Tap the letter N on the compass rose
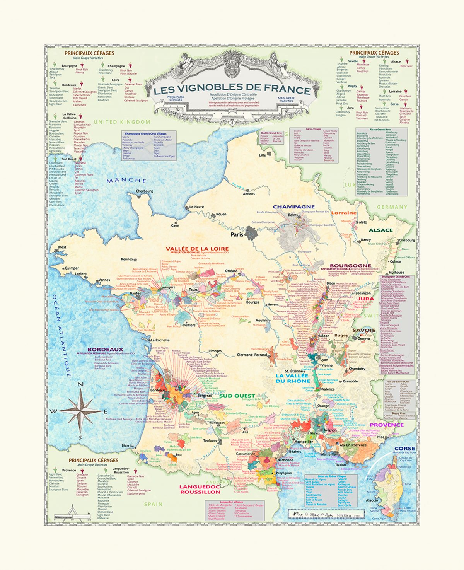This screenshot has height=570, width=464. (x=81, y=384)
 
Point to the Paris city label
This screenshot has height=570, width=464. (x=238, y=235)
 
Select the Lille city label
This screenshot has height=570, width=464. (x=263, y=155)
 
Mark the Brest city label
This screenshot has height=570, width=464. (x=62, y=247)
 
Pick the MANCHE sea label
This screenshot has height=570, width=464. (x=126, y=181)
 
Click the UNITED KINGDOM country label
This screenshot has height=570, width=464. (x=122, y=122)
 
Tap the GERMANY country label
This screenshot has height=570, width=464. (x=392, y=207)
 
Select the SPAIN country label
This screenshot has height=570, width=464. (x=154, y=504)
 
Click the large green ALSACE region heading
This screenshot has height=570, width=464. (x=380, y=230)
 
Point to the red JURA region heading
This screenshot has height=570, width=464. (x=365, y=299)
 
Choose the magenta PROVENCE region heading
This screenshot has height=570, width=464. (x=387, y=425)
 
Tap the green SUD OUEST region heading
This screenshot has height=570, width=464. (x=237, y=396)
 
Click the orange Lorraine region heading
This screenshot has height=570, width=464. (x=344, y=213)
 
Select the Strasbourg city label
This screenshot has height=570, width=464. (x=406, y=240)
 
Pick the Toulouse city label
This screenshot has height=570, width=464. (x=210, y=440)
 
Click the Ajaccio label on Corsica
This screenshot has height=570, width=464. (x=372, y=500)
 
